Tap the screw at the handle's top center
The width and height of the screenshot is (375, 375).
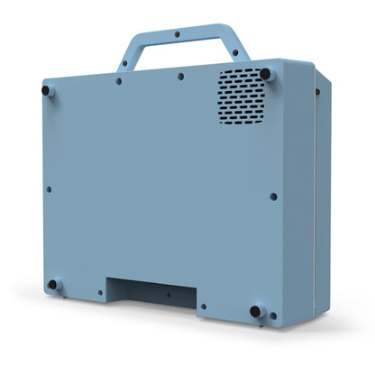(x=177, y=34)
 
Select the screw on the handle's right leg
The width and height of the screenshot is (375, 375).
(x=236, y=53)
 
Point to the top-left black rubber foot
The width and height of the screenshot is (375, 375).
(x=47, y=89)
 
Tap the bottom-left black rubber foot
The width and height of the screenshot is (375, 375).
(x=52, y=284)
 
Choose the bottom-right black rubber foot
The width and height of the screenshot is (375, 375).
(x=256, y=312)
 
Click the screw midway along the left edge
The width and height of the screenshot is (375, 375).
(x=49, y=189)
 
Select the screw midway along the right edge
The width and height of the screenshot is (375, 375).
(x=273, y=195)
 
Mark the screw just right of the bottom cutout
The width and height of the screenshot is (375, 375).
(x=204, y=307)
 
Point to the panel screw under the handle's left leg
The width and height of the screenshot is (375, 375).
(x=119, y=81)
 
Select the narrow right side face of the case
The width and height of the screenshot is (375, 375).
(x=316, y=198)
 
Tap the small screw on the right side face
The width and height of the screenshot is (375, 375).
(x=317, y=91)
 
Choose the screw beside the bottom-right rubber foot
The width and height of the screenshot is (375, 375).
(x=270, y=315)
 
